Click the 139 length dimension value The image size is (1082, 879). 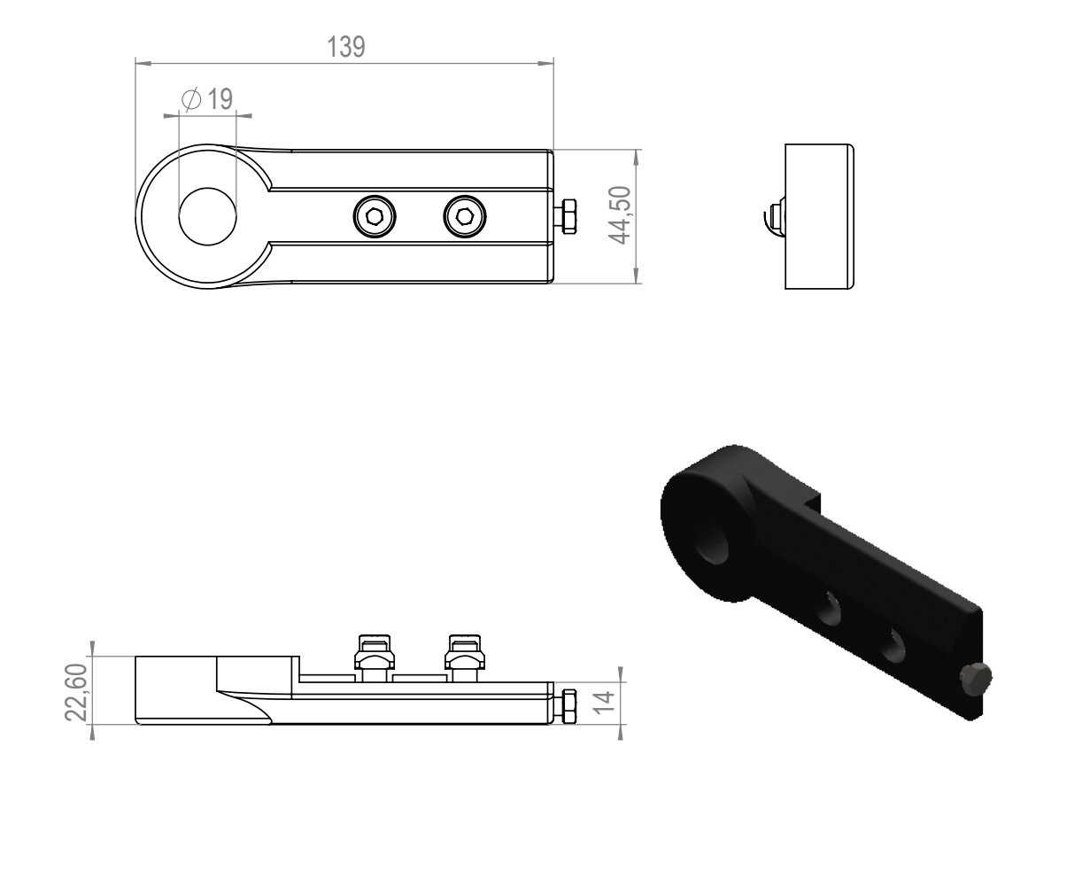[x=346, y=46]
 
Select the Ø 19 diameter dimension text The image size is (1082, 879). [x=207, y=98]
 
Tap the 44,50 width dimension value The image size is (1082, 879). [x=620, y=215]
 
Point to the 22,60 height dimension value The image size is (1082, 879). [x=77, y=692]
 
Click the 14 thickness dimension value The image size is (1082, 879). [x=604, y=702]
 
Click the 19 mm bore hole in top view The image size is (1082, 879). [x=207, y=216]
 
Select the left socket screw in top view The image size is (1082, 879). [x=375, y=216]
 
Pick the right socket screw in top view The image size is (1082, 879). [x=464, y=216]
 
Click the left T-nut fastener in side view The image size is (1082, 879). [x=375, y=657]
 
